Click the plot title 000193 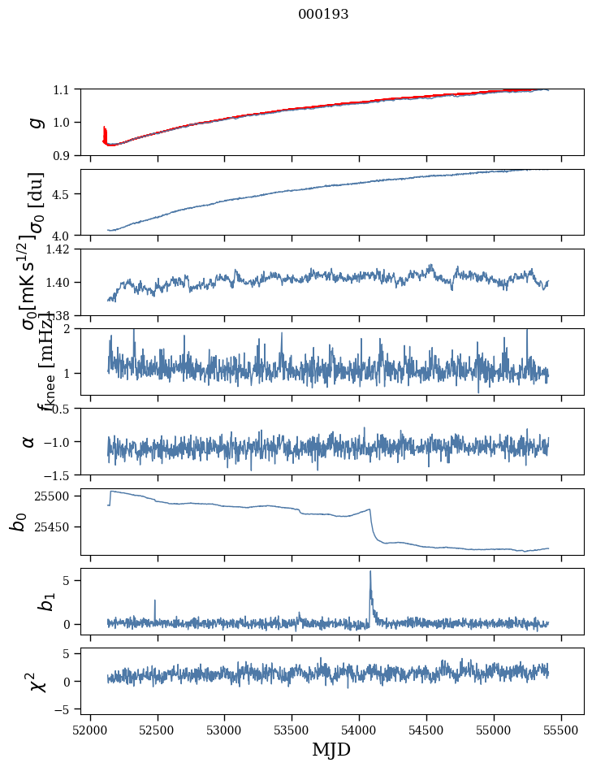point(323,15)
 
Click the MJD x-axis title point(331,749)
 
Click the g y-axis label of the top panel point(35,122)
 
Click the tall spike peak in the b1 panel point(370,571)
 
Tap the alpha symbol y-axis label point(28,441)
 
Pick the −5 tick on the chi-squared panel point(63,709)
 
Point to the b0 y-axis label point(18,522)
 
